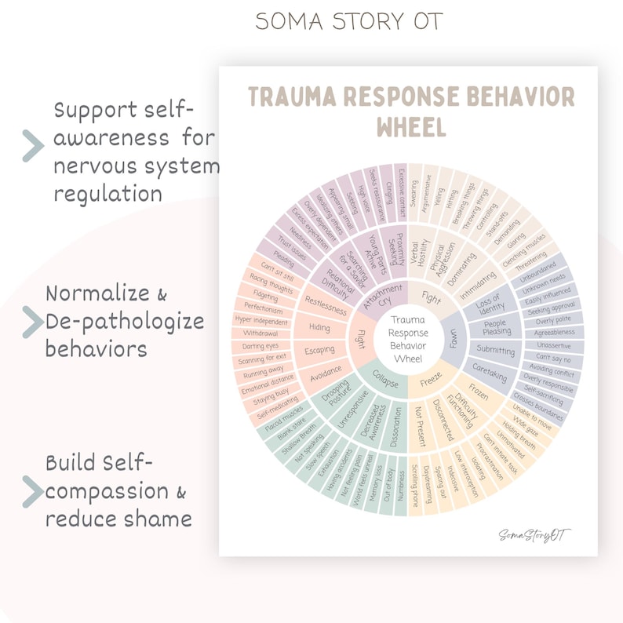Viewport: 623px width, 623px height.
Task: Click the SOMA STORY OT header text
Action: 348,22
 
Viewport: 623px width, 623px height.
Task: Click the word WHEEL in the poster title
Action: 411,126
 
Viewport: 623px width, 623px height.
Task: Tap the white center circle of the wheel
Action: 408,339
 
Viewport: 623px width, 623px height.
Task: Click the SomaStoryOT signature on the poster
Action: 534,535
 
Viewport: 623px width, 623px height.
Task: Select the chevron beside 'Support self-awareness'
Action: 32,146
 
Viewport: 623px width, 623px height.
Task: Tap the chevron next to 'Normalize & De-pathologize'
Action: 32,322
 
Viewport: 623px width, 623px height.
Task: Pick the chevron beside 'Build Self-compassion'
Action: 32,491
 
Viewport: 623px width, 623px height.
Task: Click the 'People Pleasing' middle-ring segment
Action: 496,327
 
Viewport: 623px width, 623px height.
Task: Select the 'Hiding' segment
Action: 319,327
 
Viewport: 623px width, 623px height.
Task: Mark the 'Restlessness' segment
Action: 326,304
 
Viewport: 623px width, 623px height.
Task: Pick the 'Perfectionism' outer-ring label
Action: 263,308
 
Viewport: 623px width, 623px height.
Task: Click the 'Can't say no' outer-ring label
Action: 553,359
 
